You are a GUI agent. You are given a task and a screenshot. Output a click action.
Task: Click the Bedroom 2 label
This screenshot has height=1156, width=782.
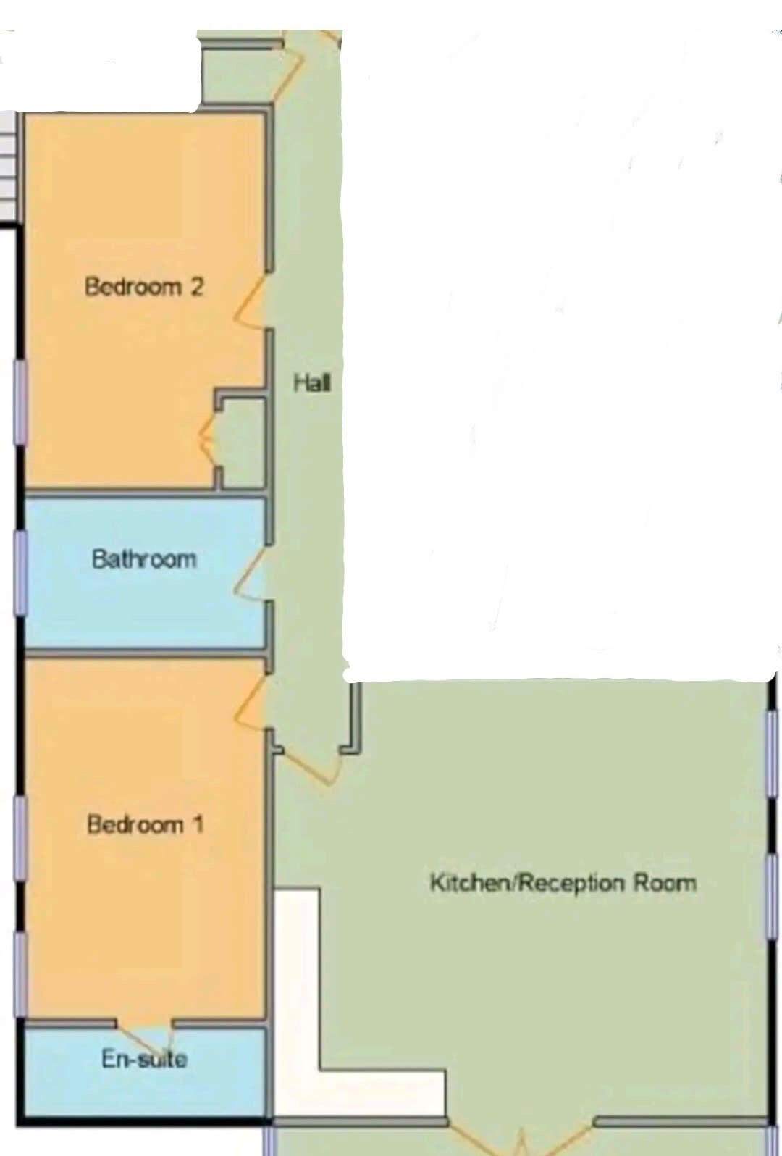click(x=144, y=286)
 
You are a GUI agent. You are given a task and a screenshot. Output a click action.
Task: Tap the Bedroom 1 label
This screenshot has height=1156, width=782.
click(x=145, y=824)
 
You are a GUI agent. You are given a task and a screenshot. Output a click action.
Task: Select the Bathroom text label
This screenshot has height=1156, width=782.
click(x=144, y=559)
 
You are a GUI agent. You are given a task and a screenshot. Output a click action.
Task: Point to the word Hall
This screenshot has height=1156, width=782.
click(x=311, y=383)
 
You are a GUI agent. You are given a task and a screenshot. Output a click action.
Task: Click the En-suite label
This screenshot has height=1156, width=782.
click(x=144, y=1059)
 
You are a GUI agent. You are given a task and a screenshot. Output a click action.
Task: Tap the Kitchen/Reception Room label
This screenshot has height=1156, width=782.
click(x=563, y=882)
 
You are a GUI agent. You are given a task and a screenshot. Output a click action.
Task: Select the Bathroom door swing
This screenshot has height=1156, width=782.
click(x=251, y=574)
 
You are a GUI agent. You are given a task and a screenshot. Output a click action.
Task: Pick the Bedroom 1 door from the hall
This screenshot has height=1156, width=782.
click(x=251, y=703)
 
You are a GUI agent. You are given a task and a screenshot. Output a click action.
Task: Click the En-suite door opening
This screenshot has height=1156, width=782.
click(x=144, y=1032)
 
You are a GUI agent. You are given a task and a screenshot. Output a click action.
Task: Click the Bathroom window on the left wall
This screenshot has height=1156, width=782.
click(x=20, y=572)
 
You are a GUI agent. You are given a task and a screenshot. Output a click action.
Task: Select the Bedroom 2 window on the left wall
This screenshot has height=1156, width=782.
click(x=20, y=402)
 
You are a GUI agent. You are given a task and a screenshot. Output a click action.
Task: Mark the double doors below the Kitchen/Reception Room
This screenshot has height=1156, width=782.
click(x=521, y=1136)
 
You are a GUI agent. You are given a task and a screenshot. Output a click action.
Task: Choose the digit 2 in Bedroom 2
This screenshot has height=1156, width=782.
click(x=196, y=286)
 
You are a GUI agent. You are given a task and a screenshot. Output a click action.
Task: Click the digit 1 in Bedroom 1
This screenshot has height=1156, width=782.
click(x=198, y=824)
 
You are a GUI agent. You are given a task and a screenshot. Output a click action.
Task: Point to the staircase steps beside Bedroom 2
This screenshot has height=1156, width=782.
click(x=8, y=165)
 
